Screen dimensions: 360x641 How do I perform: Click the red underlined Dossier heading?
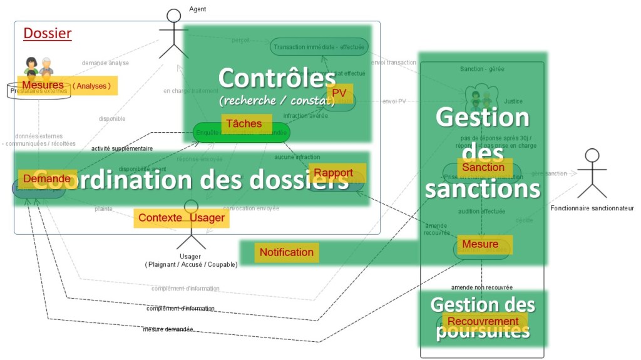48,34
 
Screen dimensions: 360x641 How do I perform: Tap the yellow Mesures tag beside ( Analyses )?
43,85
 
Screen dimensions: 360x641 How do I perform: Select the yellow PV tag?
339,93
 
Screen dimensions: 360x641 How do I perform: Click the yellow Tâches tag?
245,123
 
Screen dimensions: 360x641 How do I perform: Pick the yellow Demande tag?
47,178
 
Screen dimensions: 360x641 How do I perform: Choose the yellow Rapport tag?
333,173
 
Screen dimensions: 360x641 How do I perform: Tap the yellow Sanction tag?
483,167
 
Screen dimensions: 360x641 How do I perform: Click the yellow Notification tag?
287,252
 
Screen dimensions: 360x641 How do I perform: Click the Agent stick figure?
173,34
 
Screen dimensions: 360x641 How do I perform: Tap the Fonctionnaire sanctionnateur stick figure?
591,173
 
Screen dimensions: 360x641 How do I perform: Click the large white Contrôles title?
277,79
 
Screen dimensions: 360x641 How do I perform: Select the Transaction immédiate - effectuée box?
319,46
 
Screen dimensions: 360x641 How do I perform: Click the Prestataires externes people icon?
38,66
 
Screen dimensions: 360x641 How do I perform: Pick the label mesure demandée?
168,329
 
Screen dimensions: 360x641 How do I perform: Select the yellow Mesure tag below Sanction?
480,244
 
